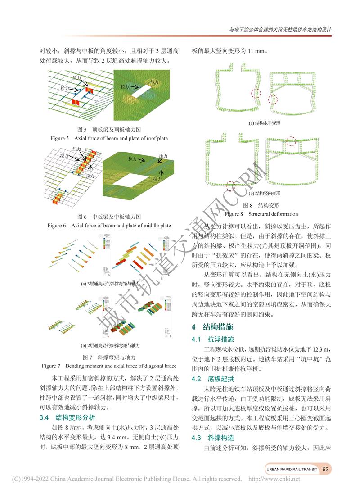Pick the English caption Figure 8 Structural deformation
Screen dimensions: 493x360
(x=261, y=214)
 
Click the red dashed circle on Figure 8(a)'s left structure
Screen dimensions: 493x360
(x=256, y=94)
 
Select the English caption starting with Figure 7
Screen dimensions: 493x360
(x=109, y=366)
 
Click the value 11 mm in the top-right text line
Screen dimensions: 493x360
(x=255, y=51)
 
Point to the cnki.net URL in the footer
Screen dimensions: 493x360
(x=274, y=479)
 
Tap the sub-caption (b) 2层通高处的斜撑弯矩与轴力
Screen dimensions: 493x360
(x=110, y=345)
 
